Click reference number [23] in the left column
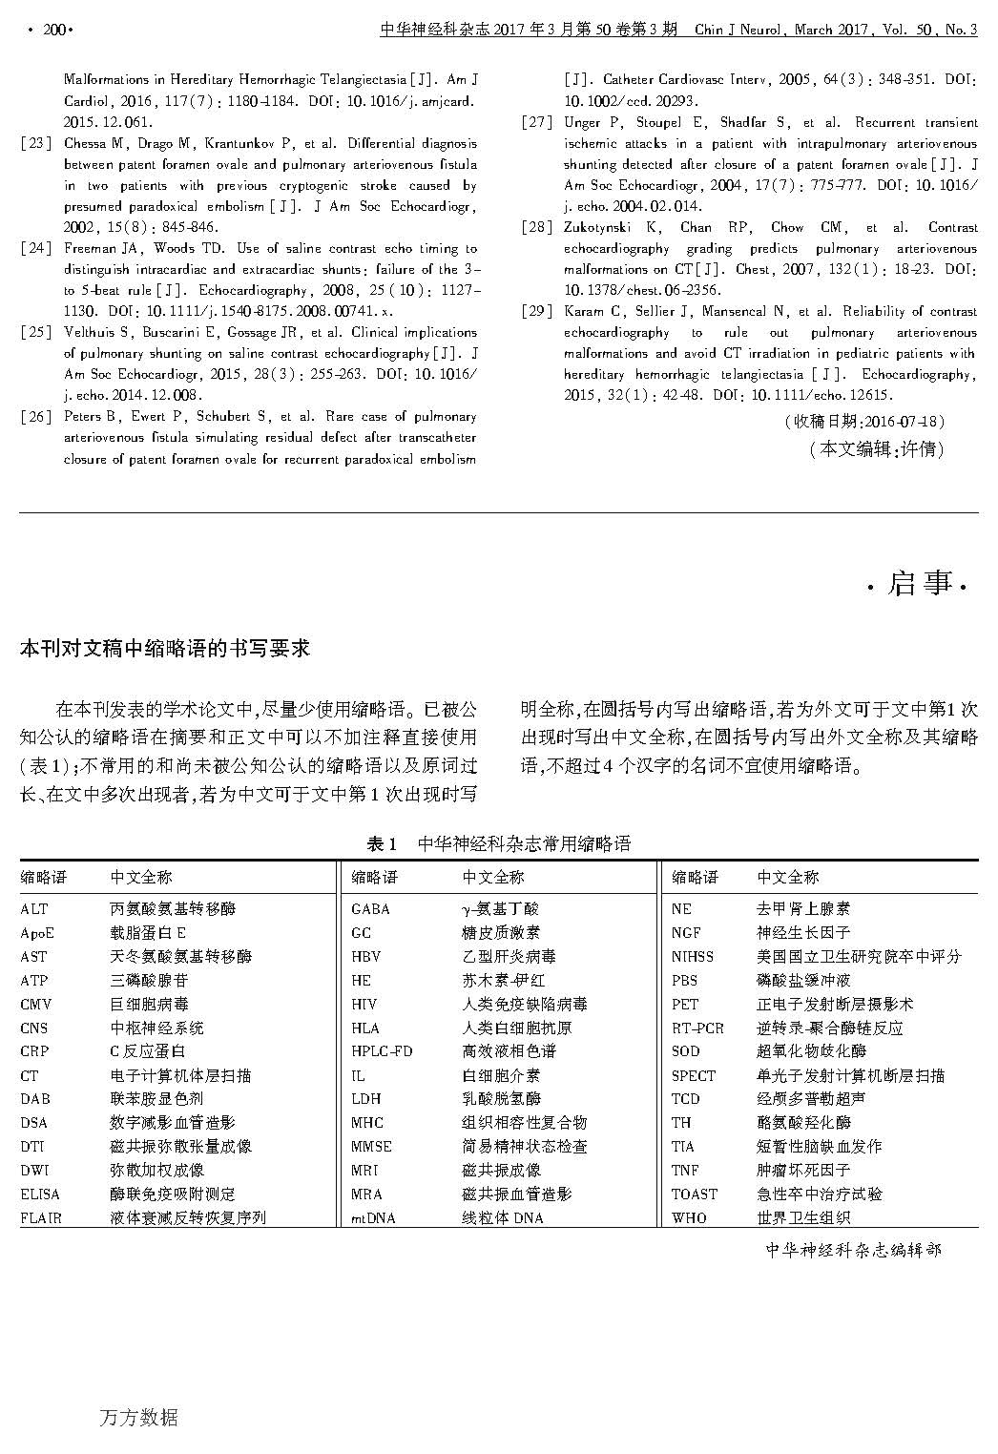pyautogui.click(x=36, y=144)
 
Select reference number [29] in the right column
pyautogui.click(x=537, y=312)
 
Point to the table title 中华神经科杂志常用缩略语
pyautogui.click(x=524, y=843)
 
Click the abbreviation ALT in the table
pyautogui.click(x=33, y=909)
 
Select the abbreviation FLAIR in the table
pyautogui.click(x=41, y=1217)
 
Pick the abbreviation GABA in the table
pyautogui.click(x=370, y=909)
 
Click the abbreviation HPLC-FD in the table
pyautogui.click(x=382, y=1051)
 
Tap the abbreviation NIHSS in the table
pyautogui.click(x=692, y=956)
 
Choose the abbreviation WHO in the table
pyautogui.click(x=689, y=1217)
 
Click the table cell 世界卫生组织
pyautogui.click(x=802, y=1217)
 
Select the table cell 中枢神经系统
pyautogui.click(x=156, y=1028)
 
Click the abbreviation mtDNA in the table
pyautogui.click(x=373, y=1217)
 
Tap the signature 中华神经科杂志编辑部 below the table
pyautogui.click(x=853, y=1249)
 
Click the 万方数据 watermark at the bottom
pyautogui.click(x=138, y=1418)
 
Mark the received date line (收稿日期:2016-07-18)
pyautogui.click(x=863, y=422)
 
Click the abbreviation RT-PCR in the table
pyautogui.click(x=697, y=1028)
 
